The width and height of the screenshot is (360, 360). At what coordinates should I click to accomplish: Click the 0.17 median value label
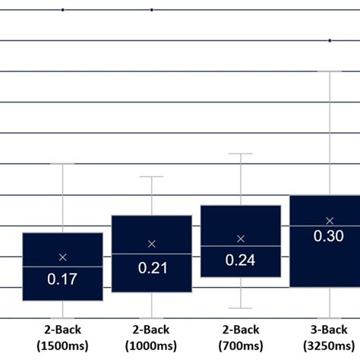click(x=62, y=279)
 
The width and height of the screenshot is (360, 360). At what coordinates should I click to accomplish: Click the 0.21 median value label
click(x=151, y=267)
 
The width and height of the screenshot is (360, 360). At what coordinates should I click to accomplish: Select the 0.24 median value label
click(x=240, y=260)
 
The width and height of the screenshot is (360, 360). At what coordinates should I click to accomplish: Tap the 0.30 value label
click(x=329, y=236)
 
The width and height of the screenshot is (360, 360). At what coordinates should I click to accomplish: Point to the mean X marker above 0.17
click(x=62, y=257)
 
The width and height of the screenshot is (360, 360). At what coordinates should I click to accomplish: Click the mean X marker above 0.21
click(x=151, y=244)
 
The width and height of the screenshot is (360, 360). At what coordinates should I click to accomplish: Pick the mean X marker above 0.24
click(x=240, y=238)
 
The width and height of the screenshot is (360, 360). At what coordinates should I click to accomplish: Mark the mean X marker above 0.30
click(x=330, y=220)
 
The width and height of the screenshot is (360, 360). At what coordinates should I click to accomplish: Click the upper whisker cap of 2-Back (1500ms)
click(x=62, y=163)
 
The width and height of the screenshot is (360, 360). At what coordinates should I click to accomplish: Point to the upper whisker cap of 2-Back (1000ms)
click(x=151, y=176)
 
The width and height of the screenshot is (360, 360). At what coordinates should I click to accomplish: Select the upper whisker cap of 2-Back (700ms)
click(x=240, y=153)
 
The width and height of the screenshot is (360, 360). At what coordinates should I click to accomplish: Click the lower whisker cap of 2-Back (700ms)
click(x=240, y=308)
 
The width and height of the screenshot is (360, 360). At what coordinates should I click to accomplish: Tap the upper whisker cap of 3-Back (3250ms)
click(x=330, y=71)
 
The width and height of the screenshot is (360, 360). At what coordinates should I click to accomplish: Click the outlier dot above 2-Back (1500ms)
click(x=62, y=10)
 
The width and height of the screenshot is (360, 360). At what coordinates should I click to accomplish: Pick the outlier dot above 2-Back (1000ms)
click(x=151, y=10)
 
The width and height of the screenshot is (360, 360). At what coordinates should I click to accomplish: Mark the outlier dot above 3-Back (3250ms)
click(x=330, y=40)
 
